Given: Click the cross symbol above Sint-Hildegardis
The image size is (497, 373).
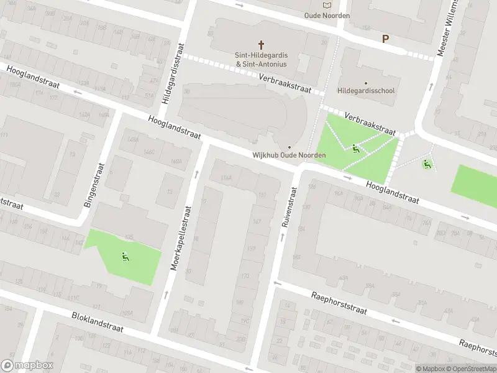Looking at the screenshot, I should point(262,45).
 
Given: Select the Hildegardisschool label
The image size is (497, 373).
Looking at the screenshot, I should point(366,91).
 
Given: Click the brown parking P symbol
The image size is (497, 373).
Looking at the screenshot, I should point(385,39).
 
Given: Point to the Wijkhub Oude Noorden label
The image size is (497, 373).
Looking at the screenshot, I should point(289,155).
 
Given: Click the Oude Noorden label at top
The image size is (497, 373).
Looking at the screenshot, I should point(327,16).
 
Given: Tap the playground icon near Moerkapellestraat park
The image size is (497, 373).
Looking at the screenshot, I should point(125,256).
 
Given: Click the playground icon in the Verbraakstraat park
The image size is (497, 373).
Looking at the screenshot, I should point(355,148).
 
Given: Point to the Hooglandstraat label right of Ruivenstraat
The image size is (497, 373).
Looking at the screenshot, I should point(392,194).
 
